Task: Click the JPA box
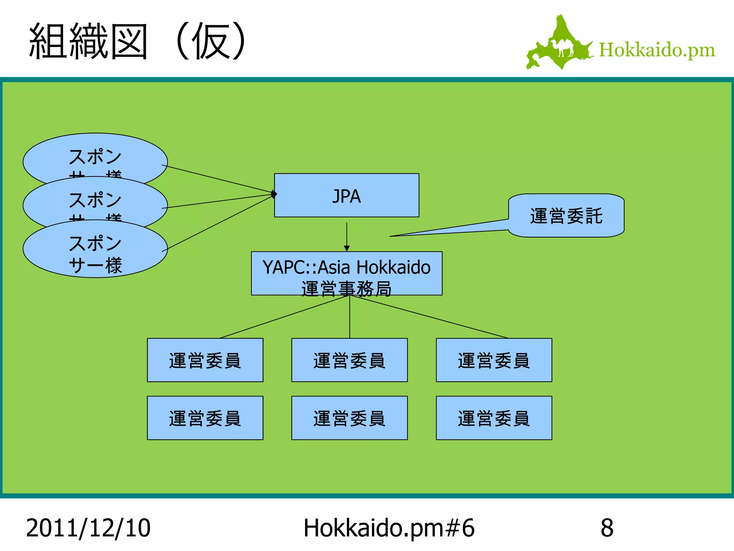tap(346, 196)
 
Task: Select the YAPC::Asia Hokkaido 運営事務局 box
tap(346, 273)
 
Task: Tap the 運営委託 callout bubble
tap(566, 216)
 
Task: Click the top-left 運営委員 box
tap(205, 360)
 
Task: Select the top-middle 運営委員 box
tap(349, 360)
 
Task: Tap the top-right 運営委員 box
tap(494, 360)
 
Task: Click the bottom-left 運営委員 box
tap(205, 418)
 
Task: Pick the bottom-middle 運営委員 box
tap(349, 418)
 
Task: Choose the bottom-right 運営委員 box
tap(494, 418)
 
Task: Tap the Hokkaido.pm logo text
tap(657, 50)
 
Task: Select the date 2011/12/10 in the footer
tap(88, 528)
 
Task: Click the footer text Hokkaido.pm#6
tap(389, 528)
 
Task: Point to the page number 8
tap(607, 528)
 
